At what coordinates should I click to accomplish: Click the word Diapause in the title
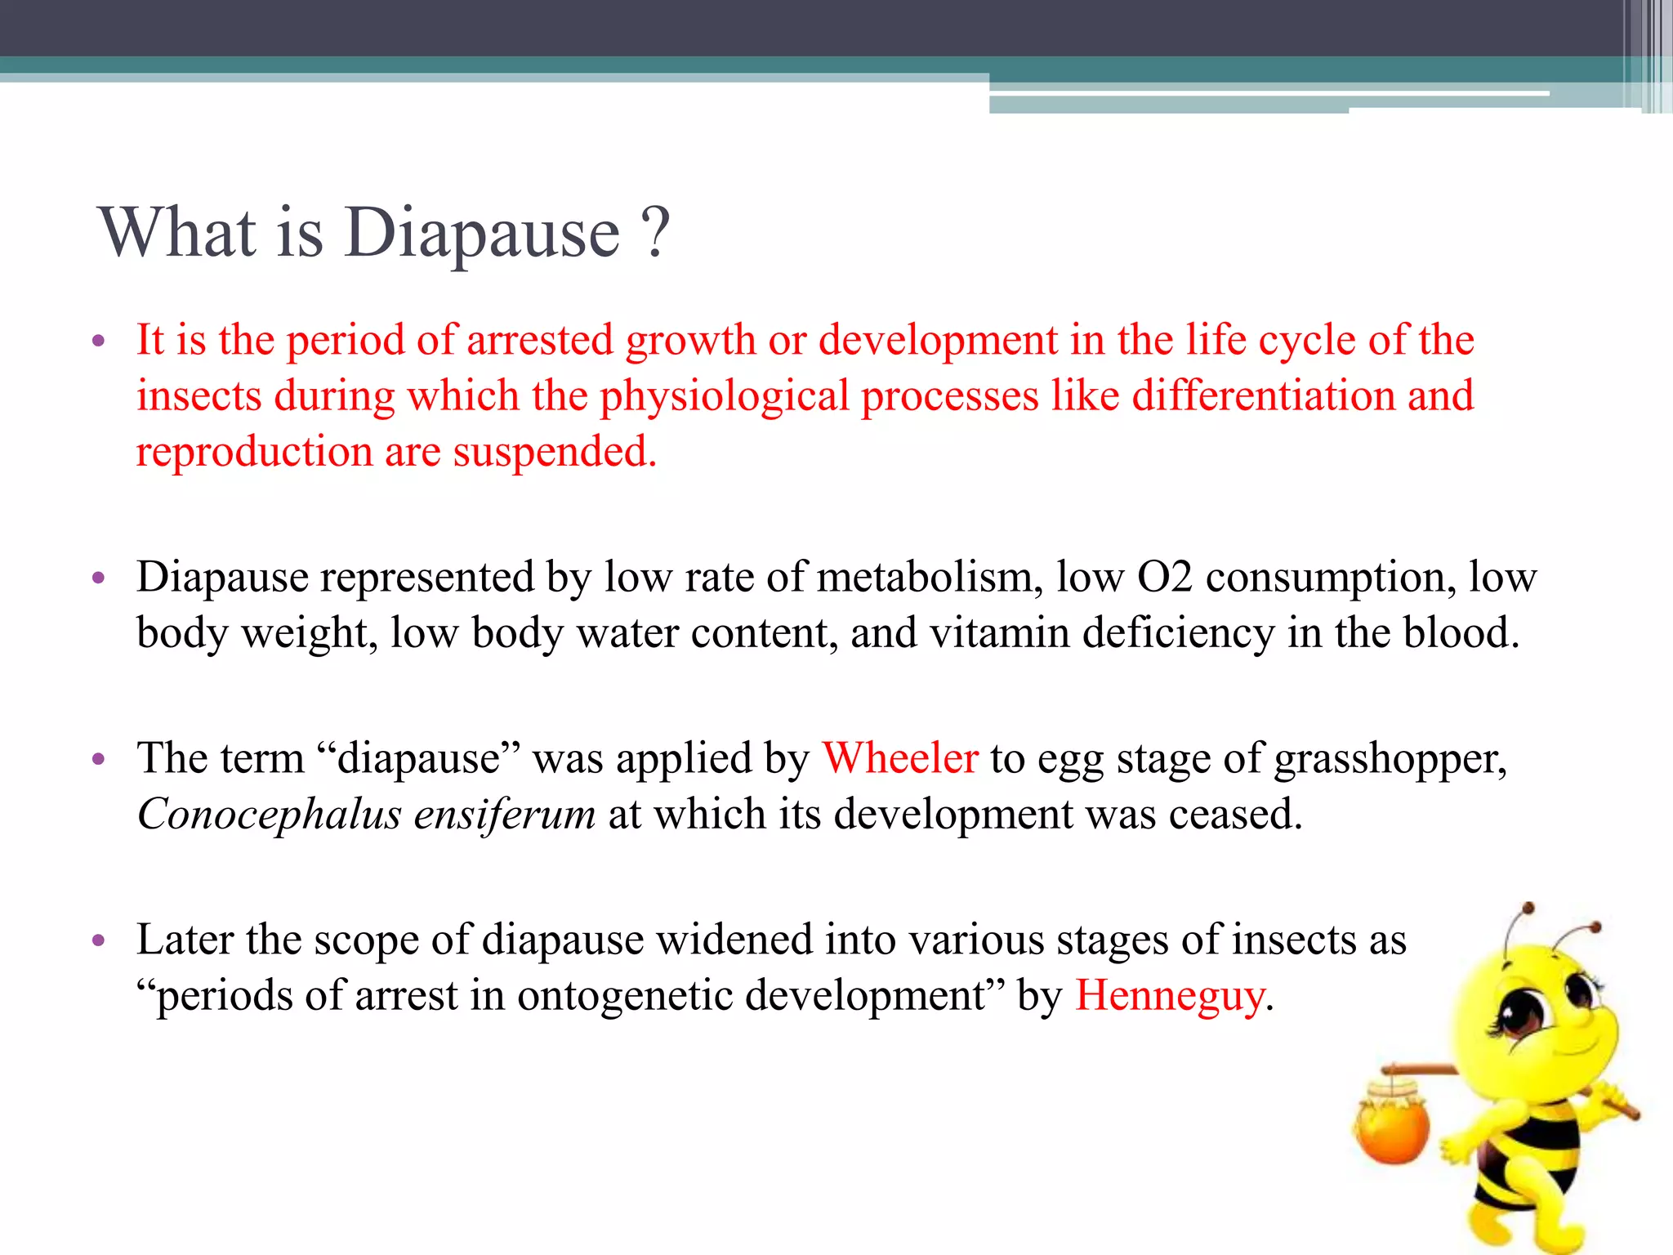[482, 234]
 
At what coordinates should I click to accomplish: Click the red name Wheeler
[899, 758]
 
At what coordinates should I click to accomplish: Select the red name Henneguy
[1170, 996]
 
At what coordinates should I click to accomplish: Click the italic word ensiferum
[504, 815]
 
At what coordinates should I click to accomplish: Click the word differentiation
[1263, 396]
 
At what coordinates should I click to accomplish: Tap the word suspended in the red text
[555, 452]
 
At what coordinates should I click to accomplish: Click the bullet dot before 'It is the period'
[99, 341]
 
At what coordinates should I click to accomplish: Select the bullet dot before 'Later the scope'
[99, 940]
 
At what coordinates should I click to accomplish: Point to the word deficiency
[1178, 633]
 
